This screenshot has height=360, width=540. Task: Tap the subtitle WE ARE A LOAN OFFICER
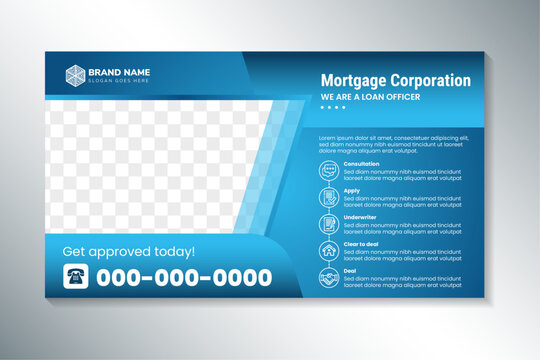coord(371,96)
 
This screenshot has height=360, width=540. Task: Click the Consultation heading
coord(361,163)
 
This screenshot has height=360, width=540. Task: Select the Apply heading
coord(351,189)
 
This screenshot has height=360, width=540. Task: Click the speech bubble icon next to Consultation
coord(329,171)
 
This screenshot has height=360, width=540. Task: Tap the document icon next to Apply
coord(329,197)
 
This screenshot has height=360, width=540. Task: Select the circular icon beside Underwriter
coord(329,223)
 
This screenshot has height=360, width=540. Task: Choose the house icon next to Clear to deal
coord(329,249)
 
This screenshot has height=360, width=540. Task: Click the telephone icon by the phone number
coord(76,276)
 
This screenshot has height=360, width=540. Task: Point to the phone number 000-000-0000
coord(183,276)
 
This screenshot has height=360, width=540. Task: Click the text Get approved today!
coord(129,251)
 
